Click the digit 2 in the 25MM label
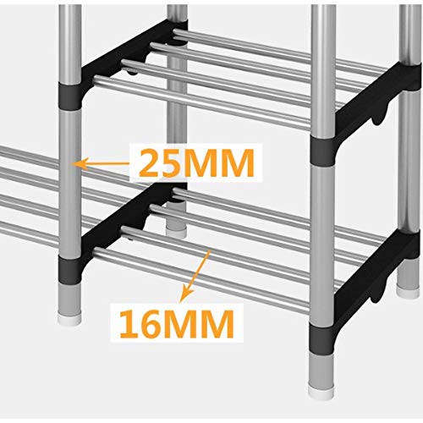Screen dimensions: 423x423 pyautogui.click(x=152, y=162)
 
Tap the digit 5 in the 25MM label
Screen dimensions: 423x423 pyautogui.click(x=179, y=163)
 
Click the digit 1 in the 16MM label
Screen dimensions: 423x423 pyautogui.click(x=129, y=324)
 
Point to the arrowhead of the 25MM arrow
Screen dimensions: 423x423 pyautogui.click(x=79, y=164)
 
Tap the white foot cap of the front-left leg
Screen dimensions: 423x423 pyautogui.click(x=69, y=320)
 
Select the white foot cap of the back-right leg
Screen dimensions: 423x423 pyautogui.click(x=408, y=291)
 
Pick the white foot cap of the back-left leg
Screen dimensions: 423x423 pyautogui.click(x=176, y=232)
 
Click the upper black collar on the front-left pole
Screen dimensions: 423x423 pyautogui.click(x=69, y=96)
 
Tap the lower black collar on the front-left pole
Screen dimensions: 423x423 pyautogui.click(x=69, y=270)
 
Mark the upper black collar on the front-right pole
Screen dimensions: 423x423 pyautogui.click(x=323, y=151)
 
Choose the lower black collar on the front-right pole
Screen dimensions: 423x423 pyautogui.click(x=321, y=338)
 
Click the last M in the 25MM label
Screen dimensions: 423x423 pyautogui.click(x=239, y=163)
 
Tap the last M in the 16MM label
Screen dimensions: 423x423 pyautogui.click(x=218, y=324)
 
